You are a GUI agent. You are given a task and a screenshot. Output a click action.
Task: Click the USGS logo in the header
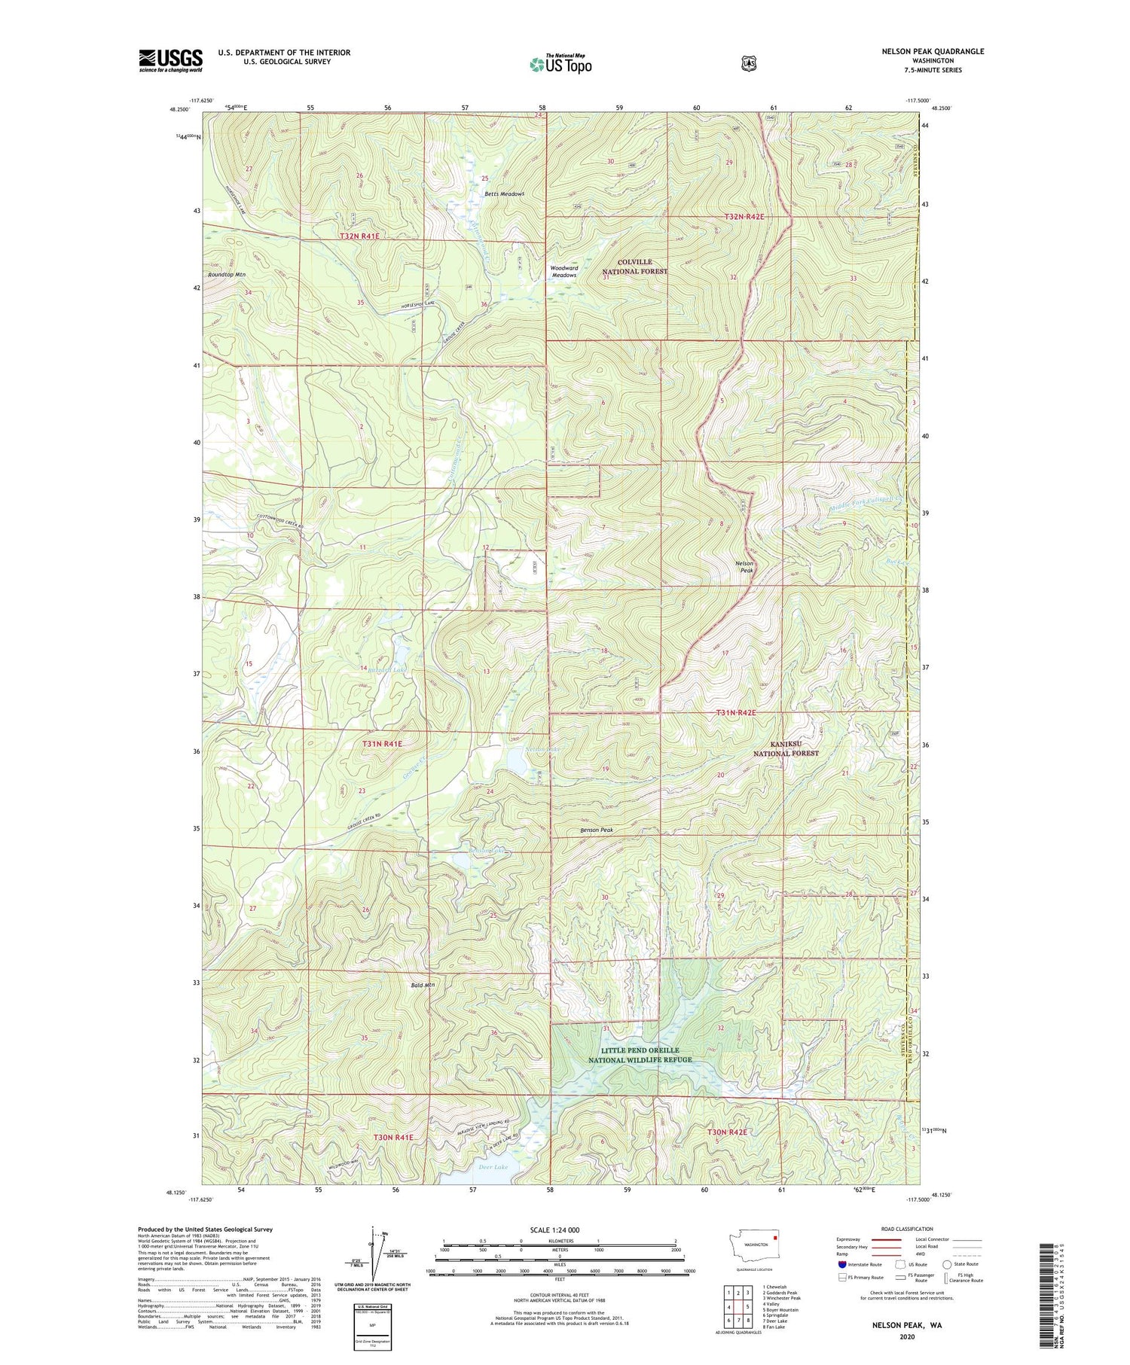pos(170,60)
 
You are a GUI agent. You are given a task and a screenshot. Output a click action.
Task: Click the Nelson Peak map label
pos(744,566)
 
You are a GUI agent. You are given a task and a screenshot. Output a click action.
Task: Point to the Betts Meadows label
pos(504,193)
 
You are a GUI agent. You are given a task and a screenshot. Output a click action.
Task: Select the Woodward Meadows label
pos(563,271)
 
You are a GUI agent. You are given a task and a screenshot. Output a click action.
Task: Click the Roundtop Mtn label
pos(227,275)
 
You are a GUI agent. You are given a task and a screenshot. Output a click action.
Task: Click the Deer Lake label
pos(493,1166)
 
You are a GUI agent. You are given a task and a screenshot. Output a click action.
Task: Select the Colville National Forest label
pos(634,267)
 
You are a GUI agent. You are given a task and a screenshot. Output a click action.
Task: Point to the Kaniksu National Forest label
pos(786,748)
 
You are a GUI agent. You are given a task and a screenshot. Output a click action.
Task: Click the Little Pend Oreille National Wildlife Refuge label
pos(640,1055)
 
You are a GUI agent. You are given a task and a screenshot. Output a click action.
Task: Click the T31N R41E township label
pos(382,744)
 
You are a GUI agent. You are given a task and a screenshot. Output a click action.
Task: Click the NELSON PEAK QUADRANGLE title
pos(933,51)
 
